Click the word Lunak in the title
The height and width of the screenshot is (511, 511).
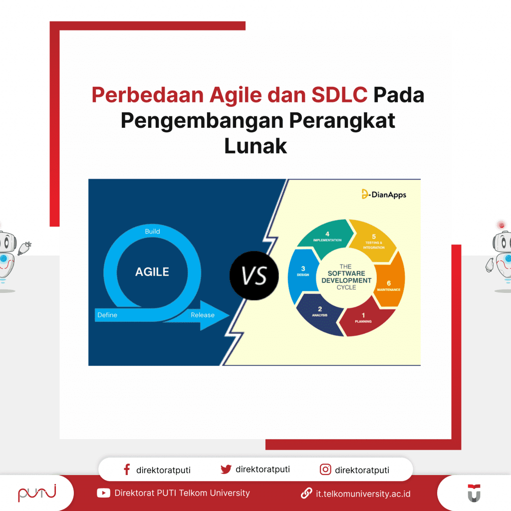[x=255, y=146]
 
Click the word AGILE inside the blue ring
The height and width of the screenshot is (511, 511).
[x=152, y=272]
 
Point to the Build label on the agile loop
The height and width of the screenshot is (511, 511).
[x=152, y=232]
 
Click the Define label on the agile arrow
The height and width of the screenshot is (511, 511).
[x=107, y=315]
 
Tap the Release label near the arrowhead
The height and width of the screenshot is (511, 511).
[x=203, y=315]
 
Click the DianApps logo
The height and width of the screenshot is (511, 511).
[x=384, y=194]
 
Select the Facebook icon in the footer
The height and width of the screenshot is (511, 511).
[x=127, y=470]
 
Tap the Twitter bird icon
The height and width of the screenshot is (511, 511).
[x=226, y=470]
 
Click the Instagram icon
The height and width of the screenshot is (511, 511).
[x=325, y=470]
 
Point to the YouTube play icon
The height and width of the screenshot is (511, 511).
[x=103, y=493]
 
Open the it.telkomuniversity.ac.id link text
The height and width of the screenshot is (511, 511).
[x=363, y=494]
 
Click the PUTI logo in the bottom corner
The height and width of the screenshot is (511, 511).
[x=37, y=493]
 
